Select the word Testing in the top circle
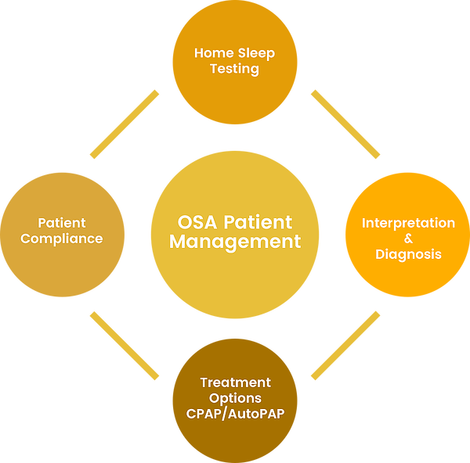tap(235, 69)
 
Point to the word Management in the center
tap(235, 242)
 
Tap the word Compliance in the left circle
tap(62, 239)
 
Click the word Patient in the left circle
tap(62, 224)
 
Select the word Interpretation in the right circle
tap(408, 224)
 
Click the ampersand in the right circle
tap(408, 239)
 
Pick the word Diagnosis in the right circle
tap(408, 254)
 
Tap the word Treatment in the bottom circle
tap(235, 382)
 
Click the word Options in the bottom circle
tap(235, 397)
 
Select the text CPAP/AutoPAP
tap(235, 412)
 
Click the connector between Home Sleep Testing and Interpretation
tap(345, 124)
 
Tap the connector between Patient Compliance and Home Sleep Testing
tap(125, 124)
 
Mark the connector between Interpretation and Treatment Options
tap(345, 346)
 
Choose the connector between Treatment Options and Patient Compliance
tap(125, 346)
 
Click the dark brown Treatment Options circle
tap(235, 438)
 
